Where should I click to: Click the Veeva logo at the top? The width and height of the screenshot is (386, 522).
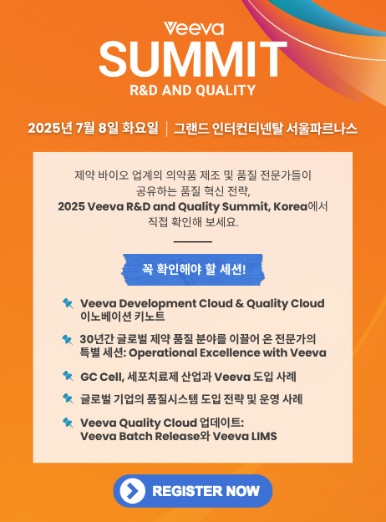[x=194, y=28]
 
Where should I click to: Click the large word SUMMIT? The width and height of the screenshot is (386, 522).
[x=193, y=59]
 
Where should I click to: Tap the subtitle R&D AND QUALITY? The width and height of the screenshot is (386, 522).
[x=192, y=90]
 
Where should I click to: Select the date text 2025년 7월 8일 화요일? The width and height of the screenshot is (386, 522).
[x=93, y=128]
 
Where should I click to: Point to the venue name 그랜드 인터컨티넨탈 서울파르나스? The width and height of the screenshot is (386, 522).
[x=266, y=129]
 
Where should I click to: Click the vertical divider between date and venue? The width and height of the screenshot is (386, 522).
[x=166, y=129]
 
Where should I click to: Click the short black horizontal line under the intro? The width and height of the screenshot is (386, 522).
[x=193, y=241]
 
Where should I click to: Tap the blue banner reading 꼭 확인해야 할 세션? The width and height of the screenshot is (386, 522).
[x=193, y=269]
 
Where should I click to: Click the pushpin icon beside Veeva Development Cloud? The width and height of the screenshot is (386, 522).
[x=68, y=303]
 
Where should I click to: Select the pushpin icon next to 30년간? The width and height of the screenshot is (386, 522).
[x=68, y=340]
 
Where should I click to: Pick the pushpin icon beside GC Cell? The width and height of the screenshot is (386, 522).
[x=68, y=376]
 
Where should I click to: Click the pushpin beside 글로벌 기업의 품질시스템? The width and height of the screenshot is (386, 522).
[x=68, y=398]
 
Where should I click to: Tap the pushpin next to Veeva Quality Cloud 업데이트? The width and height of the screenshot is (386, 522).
[x=68, y=423]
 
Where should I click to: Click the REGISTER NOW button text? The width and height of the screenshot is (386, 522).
[x=206, y=491]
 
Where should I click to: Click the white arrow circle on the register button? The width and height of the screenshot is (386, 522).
[x=133, y=491]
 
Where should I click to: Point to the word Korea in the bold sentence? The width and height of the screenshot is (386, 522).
[x=291, y=207]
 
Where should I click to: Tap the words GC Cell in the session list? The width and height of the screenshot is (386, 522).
[x=102, y=378]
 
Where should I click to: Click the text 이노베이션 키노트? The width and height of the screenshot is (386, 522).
[x=123, y=317]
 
